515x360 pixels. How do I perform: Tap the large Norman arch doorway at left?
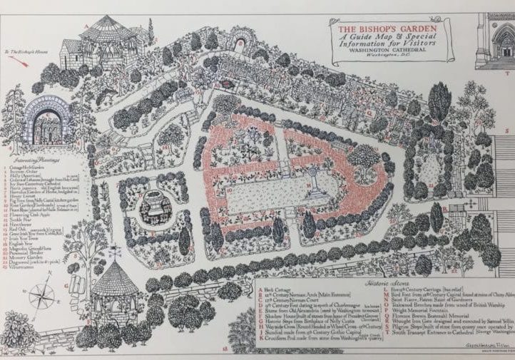coord(46,120)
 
